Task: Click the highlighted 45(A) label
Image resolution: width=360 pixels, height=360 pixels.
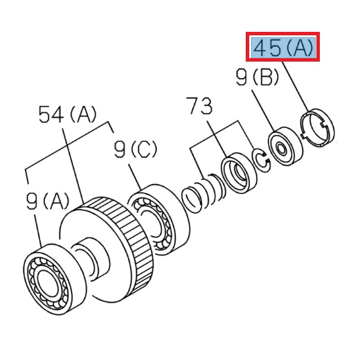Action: click(x=285, y=48)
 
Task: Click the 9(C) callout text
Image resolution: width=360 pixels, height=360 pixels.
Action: click(x=136, y=149)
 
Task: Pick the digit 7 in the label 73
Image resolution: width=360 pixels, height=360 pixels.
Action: click(x=195, y=107)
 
